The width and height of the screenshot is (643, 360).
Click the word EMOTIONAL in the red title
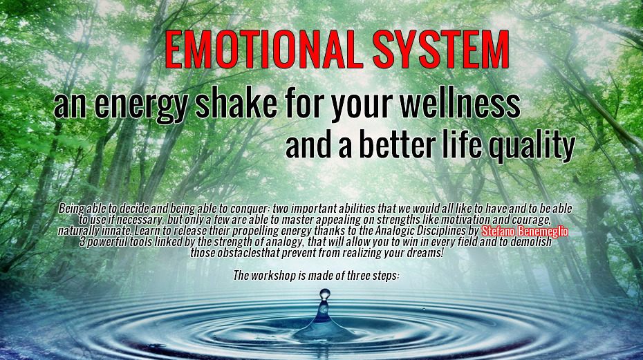[264, 49]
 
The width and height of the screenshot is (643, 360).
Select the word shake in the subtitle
[236, 104]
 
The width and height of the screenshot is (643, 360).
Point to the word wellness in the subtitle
[460, 104]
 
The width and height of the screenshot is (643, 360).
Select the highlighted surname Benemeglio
[543, 231]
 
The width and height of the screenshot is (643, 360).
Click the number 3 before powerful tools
[82, 242]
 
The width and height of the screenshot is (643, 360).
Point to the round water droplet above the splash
[324, 294]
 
